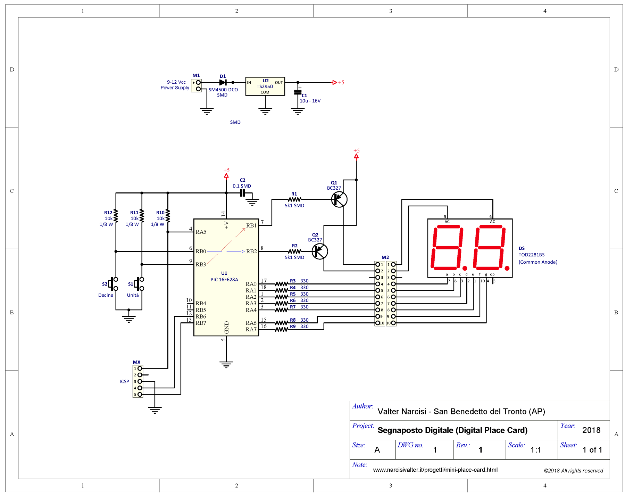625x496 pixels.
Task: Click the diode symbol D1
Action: (223, 82)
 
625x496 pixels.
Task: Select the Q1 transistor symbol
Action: (339, 199)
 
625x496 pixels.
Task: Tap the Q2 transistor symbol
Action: (320, 251)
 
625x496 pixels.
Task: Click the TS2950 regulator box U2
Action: (265, 86)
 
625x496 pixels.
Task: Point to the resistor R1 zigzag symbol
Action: (294, 199)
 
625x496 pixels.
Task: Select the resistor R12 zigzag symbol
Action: (116, 216)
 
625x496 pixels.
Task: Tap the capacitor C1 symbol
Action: (298, 92)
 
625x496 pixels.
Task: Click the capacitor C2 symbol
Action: (242, 193)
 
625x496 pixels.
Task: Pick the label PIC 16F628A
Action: (224, 280)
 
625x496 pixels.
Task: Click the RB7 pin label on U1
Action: (201, 323)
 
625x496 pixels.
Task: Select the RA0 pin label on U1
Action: (251, 284)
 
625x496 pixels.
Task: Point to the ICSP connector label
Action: (124, 381)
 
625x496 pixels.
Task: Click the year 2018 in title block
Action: (591, 430)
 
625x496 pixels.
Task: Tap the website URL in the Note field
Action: (435, 470)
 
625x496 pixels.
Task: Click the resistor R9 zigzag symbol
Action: (282, 330)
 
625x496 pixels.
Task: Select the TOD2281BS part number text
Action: (532, 255)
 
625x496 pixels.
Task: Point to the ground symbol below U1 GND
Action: (226, 364)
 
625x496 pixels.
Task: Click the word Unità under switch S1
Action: (133, 295)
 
